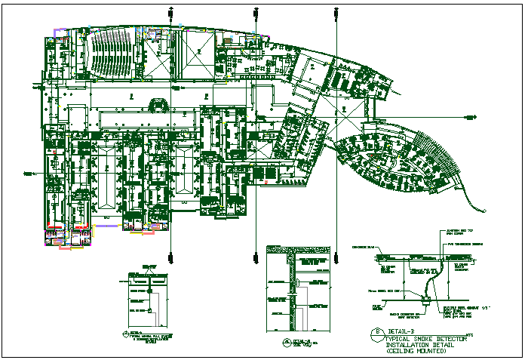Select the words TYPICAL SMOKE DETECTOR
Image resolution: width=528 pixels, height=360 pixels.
[x=419, y=339]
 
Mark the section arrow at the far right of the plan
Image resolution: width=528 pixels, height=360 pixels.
[x=471, y=117]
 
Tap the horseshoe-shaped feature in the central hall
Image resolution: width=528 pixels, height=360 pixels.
[x=158, y=105]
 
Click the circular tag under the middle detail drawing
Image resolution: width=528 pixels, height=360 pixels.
[x=287, y=342]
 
